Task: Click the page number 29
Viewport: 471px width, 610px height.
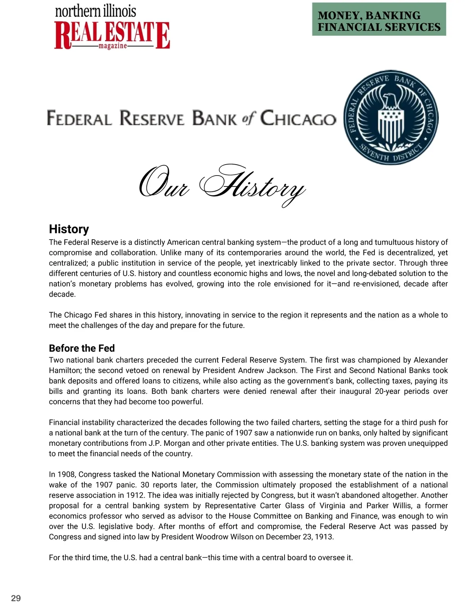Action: (x=16, y=598)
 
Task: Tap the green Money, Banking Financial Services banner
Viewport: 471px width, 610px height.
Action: (x=379, y=19)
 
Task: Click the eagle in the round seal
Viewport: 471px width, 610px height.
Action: (x=391, y=102)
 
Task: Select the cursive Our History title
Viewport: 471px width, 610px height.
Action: (x=222, y=185)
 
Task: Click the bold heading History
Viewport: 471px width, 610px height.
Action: (x=69, y=229)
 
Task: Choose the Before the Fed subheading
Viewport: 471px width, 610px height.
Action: (x=82, y=348)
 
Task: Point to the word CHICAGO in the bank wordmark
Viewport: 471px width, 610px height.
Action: (x=298, y=118)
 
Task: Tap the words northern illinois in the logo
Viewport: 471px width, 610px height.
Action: (x=95, y=11)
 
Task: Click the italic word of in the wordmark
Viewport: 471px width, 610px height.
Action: (x=249, y=118)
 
